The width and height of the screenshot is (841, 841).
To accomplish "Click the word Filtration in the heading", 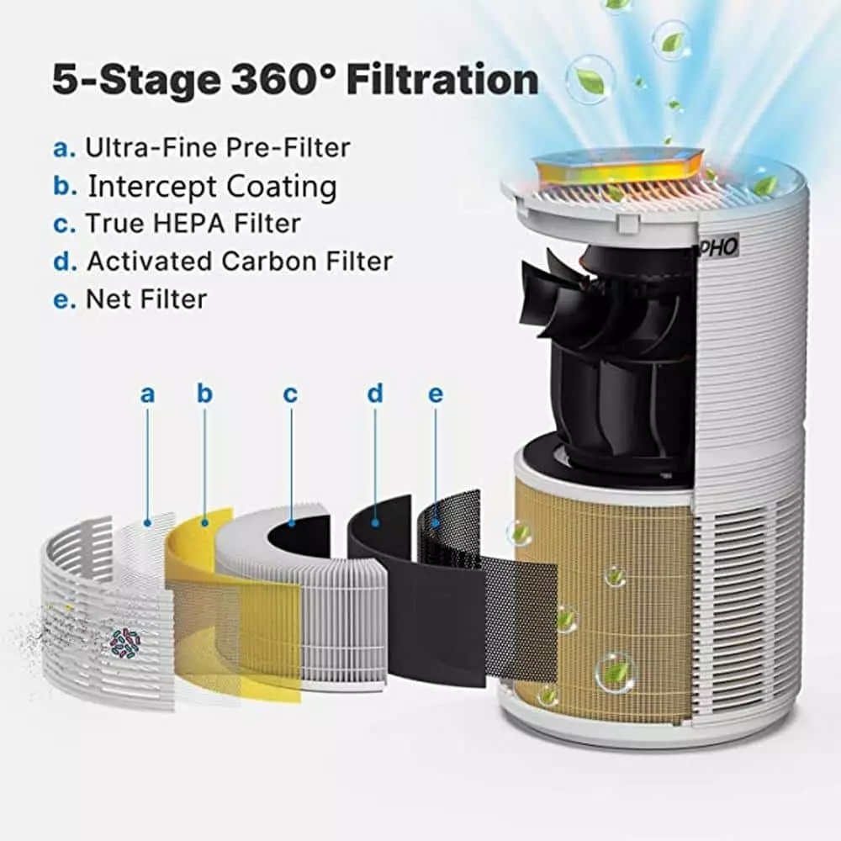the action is coord(442,80).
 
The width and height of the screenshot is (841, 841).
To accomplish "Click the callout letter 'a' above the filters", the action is coord(147,394).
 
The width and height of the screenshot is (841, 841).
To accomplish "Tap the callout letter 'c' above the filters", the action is coord(290,394).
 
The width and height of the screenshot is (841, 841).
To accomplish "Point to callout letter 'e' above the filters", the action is coord(436,394).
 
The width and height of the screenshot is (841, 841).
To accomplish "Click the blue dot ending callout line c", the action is coord(291,522).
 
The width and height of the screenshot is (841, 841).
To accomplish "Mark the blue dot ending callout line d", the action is coord(375,522).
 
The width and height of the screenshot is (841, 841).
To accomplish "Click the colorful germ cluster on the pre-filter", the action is coord(125,643).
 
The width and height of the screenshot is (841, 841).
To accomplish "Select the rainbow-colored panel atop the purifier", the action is coord(620,167).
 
